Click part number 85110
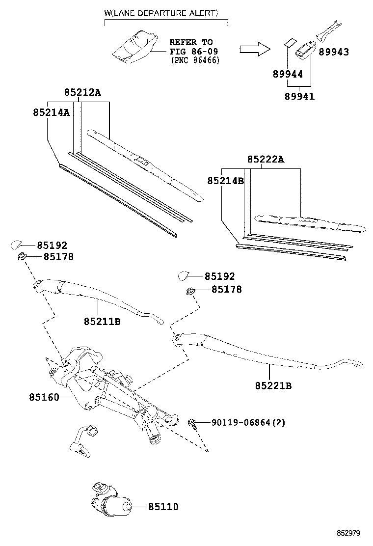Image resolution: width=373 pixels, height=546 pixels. [x=163, y=507]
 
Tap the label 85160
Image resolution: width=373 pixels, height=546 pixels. [x=44, y=397]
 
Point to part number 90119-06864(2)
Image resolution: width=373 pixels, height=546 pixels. [x=248, y=422]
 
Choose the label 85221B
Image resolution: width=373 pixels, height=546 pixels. [x=273, y=386]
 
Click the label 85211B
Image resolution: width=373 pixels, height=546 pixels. [x=102, y=322]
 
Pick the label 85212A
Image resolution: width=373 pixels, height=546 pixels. [x=82, y=92]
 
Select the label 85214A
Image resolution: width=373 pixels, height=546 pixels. [x=52, y=112]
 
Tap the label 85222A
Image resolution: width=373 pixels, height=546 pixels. [x=266, y=159]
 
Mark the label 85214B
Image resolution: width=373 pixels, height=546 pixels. [x=225, y=180]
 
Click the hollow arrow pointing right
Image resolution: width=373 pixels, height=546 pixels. [x=255, y=49]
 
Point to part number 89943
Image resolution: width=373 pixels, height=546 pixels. [x=334, y=52]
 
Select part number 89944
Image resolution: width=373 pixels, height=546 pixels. [x=288, y=74]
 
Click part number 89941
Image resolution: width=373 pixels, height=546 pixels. [x=299, y=96]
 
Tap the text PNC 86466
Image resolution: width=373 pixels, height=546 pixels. [x=195, y=60]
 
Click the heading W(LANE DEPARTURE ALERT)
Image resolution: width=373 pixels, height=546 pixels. [x=161, y=13]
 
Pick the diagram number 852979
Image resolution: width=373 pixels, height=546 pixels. [x=348, y=533]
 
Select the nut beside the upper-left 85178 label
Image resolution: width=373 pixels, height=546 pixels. [x=22, y=257]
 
